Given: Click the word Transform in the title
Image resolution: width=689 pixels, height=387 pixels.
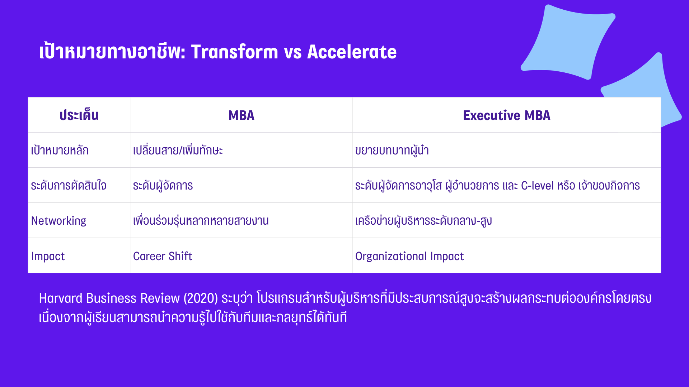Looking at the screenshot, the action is pyautogui.click(x=234, y=52).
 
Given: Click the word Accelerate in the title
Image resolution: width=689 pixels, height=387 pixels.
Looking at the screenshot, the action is pyautogui.click(x=352, y=52).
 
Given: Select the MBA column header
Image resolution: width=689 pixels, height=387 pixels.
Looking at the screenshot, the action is pyautogui.click(x=242, y=115).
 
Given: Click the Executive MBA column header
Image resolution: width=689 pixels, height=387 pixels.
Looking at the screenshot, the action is pyautogui.click(x=507, y=115).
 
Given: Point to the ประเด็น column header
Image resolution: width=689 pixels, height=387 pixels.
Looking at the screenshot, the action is pyautogui.click(x=79, y=115).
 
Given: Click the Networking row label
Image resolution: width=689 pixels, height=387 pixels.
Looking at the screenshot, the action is pyautogui.click(x=59, y=221).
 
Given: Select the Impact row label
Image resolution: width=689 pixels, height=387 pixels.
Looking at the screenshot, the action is pyautogui.click(x=48, y=256).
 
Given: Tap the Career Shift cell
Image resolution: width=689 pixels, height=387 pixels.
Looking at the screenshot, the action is pyautogui.click(x=163, y=256).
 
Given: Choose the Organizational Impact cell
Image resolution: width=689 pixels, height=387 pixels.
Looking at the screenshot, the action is pyautogui.click(x=409, y=256).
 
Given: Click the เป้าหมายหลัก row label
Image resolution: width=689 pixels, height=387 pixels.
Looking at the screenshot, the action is pyautogui.click(x=60, y=150).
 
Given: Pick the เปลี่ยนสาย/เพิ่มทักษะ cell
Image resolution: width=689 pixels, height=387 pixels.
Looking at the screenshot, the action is pyautogui.click(x=178, y=150).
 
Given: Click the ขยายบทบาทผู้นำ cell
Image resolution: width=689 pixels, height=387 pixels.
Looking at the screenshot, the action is pyautogui.click(x=392, y=150).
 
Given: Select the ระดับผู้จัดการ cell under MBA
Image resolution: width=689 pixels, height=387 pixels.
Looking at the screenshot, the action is pyautogui.click(x=163, y=186).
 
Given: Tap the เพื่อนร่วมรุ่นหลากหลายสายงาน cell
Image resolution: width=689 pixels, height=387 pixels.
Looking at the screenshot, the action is pyautogui.click(x=201, y=220).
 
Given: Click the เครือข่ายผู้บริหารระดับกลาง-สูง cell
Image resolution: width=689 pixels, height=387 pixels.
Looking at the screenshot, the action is pyautogui.click(x=423, y=221).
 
